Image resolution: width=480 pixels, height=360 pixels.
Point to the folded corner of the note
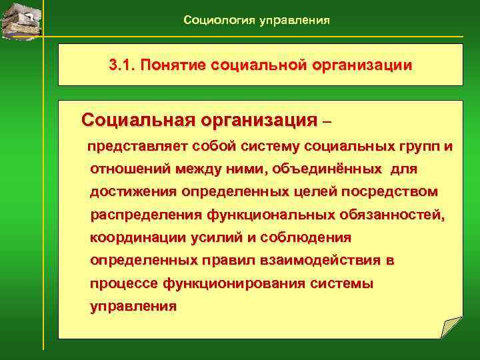(x=451, y=328)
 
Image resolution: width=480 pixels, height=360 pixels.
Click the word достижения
(x=133, y=192)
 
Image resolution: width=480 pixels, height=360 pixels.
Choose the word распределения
(x=146, y=215)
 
